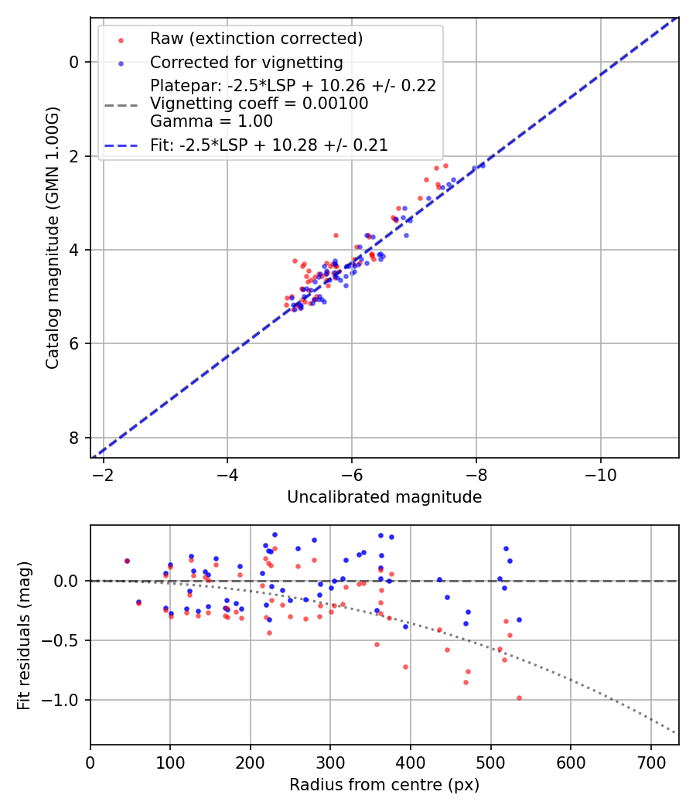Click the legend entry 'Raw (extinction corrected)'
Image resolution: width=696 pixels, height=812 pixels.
(x=256, y=39)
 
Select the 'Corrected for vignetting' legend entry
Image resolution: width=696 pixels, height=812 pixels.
(x=247, y=62)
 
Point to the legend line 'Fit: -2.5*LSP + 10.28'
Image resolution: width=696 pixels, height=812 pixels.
(x=269, y=145)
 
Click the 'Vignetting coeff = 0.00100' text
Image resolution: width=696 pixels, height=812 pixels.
(x=259, y=103)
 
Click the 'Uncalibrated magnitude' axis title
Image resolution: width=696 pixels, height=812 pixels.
(x=384, y=497)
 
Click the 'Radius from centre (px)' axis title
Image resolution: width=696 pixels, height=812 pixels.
(x=384, y=785)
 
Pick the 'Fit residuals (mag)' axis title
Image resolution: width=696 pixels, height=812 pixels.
(x=24, y=635)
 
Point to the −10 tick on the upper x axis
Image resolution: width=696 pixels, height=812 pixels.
(x=600, y=474)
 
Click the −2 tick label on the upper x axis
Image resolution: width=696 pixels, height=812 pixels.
(x=104, y=474)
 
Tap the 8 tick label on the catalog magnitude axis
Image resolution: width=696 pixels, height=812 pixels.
(x=75, y=438)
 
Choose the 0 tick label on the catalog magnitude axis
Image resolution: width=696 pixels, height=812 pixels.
(x=75, y=62)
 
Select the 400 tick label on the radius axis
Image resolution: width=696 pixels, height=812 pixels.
(x=411, y=761)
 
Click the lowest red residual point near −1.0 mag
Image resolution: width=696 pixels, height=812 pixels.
(x=519, y=698)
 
